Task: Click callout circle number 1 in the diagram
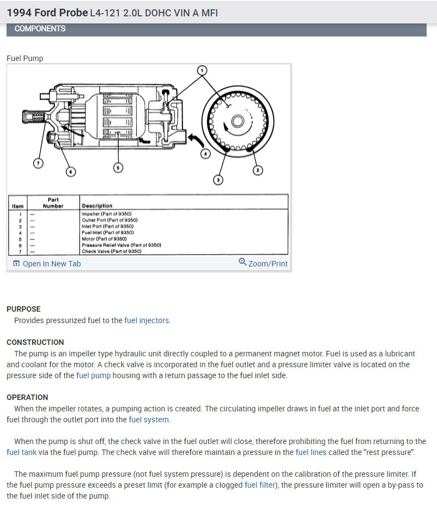[202, 70]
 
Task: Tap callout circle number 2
[258, 171]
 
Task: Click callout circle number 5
[118, 167]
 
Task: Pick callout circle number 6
[70, 172]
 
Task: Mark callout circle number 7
[37, 163]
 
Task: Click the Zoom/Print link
[263, 264]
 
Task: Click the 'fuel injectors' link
[147, 320]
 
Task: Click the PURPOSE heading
[23, 309]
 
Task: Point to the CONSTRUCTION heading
[35, 342]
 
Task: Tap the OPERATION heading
[27, 397]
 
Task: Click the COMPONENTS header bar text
[40, 28]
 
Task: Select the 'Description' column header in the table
[97, 206]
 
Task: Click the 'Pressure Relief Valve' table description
[121, 245]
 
